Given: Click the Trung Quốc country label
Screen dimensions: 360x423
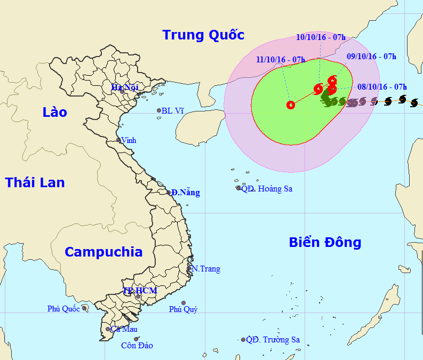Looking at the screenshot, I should click(203, 35).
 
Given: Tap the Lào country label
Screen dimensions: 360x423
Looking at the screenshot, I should click(55, 112).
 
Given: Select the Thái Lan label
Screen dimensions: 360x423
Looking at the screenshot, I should click(35, 182).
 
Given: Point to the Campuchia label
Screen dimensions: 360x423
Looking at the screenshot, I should click(104, 252).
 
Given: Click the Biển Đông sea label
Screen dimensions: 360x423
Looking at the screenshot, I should click(325, 243).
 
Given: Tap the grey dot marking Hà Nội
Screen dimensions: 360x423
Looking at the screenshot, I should click(122, 91).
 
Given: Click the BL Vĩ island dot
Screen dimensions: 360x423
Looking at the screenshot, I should click(159, 111).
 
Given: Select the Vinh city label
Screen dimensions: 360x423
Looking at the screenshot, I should click(129, 140).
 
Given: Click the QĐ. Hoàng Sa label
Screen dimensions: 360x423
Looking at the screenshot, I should click(267, 188).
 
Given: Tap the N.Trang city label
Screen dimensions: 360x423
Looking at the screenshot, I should click(206, 269).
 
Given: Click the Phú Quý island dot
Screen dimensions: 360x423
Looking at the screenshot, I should click(183, 303).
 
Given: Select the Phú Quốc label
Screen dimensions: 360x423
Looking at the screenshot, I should click(63, 308).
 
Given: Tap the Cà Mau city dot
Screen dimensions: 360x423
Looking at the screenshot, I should click(108, 329).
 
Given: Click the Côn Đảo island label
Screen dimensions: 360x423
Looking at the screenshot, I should click(137, 346).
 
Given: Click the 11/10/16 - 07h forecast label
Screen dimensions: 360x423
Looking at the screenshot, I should click(280, 59).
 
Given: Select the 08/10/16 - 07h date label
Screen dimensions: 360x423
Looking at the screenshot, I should click(382, 86).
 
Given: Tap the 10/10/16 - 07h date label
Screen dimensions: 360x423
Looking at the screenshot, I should click(321, 37).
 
